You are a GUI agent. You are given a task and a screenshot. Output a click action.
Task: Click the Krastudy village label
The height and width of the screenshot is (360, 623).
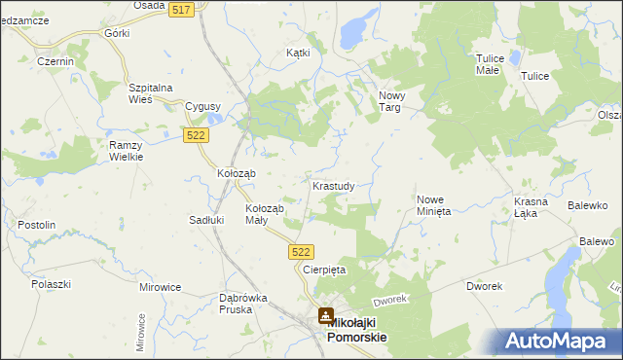pyautogui.click(x=340, y=185)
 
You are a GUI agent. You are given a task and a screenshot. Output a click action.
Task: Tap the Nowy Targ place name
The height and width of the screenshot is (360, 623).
pyautogui.click(x=390, y=101)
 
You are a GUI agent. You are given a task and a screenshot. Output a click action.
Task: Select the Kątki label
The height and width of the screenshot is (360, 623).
pyautogui.click(x=298, y=53)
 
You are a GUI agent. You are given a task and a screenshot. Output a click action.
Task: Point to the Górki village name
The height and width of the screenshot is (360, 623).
pyautogui.click(x=116, y=33)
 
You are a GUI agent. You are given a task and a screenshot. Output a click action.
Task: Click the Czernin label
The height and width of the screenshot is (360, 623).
pyautogui.click(x=55, y=61)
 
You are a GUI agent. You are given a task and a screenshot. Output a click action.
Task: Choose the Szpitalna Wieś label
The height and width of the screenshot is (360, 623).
pyautogui.click(x=151, y=93)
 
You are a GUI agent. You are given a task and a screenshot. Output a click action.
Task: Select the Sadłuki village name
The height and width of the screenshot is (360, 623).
pyautogui.click(x=206, y=220)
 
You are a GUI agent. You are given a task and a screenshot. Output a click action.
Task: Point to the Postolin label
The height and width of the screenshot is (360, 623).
pyautogui.click(x=36, y=225)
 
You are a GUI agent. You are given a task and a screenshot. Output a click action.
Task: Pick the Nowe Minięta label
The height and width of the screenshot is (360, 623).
pyautogui.click(x=433, y=203)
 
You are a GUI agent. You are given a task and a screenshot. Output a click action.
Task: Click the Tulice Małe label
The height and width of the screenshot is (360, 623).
pyautogui.click(x=488, y=64)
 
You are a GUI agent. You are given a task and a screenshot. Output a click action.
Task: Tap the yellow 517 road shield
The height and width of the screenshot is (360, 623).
pyautogui.click(x=179, y=9)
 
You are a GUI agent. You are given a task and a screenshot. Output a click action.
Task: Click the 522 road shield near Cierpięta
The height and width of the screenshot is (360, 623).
pyautogui.click(x=302, y=251)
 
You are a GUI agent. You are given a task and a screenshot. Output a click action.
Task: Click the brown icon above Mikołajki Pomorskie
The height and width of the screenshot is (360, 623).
pyautogui.click(x=326, y=315)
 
